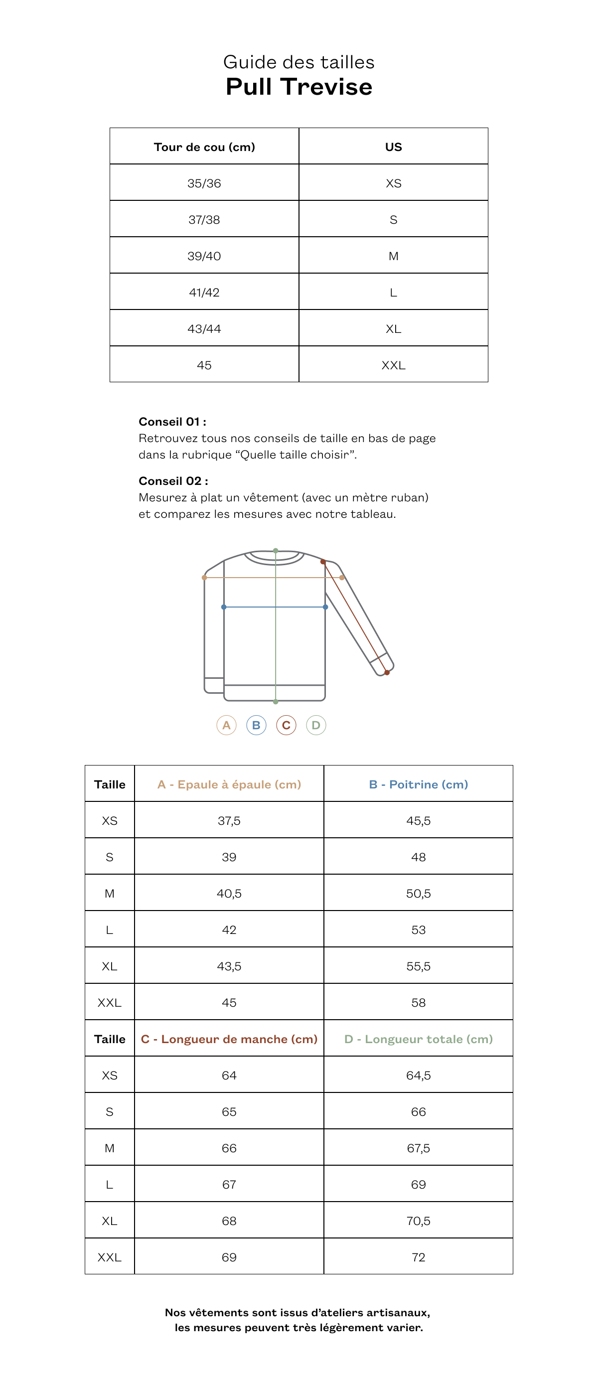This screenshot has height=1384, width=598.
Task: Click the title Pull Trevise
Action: pyautogui.click(x=299, y=87)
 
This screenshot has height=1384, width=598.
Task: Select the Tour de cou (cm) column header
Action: pyautogui.click(x=204, y=147)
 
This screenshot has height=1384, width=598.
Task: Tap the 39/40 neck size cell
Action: pyautogui.click(x=204, y=256)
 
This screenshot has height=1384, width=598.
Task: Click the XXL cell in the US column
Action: pyautogui.click(x=393, y=365)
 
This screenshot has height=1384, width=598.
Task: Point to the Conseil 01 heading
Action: pyautogui.click(x=172, y=422)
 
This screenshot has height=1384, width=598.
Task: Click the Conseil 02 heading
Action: pyautogui.click(x=173, y=481)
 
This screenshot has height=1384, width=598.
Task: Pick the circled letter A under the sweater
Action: pyautogui.click(x=226, y=725)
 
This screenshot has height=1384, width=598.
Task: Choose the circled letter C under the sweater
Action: pyautogui.click(x=286, y=725)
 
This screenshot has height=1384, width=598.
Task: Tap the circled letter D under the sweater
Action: pyautogui.click(x=316, y=725)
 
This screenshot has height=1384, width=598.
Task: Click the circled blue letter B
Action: pyautogui.click(x=256, y=725)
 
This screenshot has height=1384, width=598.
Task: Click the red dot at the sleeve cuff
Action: pyautogui.click(x=387, y=672)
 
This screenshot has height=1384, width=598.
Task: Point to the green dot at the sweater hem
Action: pyautogui.click(x=276, y=702)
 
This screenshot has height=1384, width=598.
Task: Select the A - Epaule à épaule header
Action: pyautogui.click(x=229, y=784)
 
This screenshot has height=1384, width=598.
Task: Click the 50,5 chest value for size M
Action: pyautogui.click(x=418, y=894)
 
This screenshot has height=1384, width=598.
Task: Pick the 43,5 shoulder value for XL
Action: pyautogui.click(x=229, y=966)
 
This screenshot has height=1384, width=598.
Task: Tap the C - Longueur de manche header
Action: pyautogui.click(x=229, y=1039)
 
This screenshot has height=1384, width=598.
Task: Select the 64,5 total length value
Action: pyautogui.click(x=418, y=1076)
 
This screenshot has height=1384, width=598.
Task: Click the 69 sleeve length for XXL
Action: pyautogui.click(x=229, y=1257)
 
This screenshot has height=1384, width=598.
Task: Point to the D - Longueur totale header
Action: pyautogui.click(x=418, y=1039)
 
